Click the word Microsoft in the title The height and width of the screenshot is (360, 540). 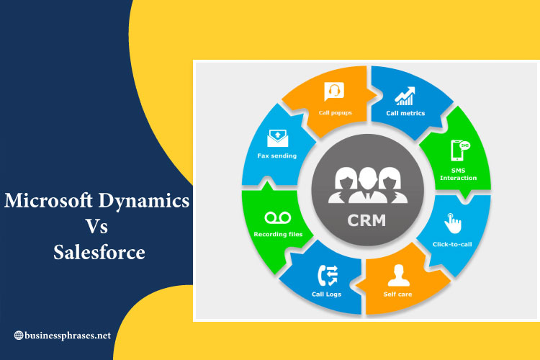[x=48, y=200]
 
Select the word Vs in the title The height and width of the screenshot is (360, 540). [x=96, y=226]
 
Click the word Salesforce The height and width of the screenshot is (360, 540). [x=99, y=252]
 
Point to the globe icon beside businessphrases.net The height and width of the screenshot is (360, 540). [x=19, y=336]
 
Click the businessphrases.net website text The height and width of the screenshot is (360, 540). [x=68, y=336]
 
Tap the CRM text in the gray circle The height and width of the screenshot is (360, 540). [x=366, y=220]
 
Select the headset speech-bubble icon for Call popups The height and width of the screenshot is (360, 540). [x=334, y=91]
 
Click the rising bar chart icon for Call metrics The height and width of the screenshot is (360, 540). [x=405, y=96]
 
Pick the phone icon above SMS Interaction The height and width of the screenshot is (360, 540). [x=460, y=150]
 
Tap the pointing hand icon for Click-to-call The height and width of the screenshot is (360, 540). [x=453, y=223]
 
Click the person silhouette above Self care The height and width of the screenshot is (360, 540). [x=399, y=275]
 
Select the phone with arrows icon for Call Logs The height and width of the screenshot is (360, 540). [x=328, y=276]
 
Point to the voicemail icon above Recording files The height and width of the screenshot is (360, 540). [x=278, y=217]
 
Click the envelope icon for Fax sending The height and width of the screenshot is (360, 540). [x=278, y=138]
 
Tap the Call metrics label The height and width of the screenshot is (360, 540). [x=405, y=113]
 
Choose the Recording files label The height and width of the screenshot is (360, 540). [x=278, y=234]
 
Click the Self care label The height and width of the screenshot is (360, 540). [x=397, y=294]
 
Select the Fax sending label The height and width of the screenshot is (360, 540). [x=277, y=156]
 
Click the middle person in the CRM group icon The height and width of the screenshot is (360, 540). [x=367, y=185]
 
